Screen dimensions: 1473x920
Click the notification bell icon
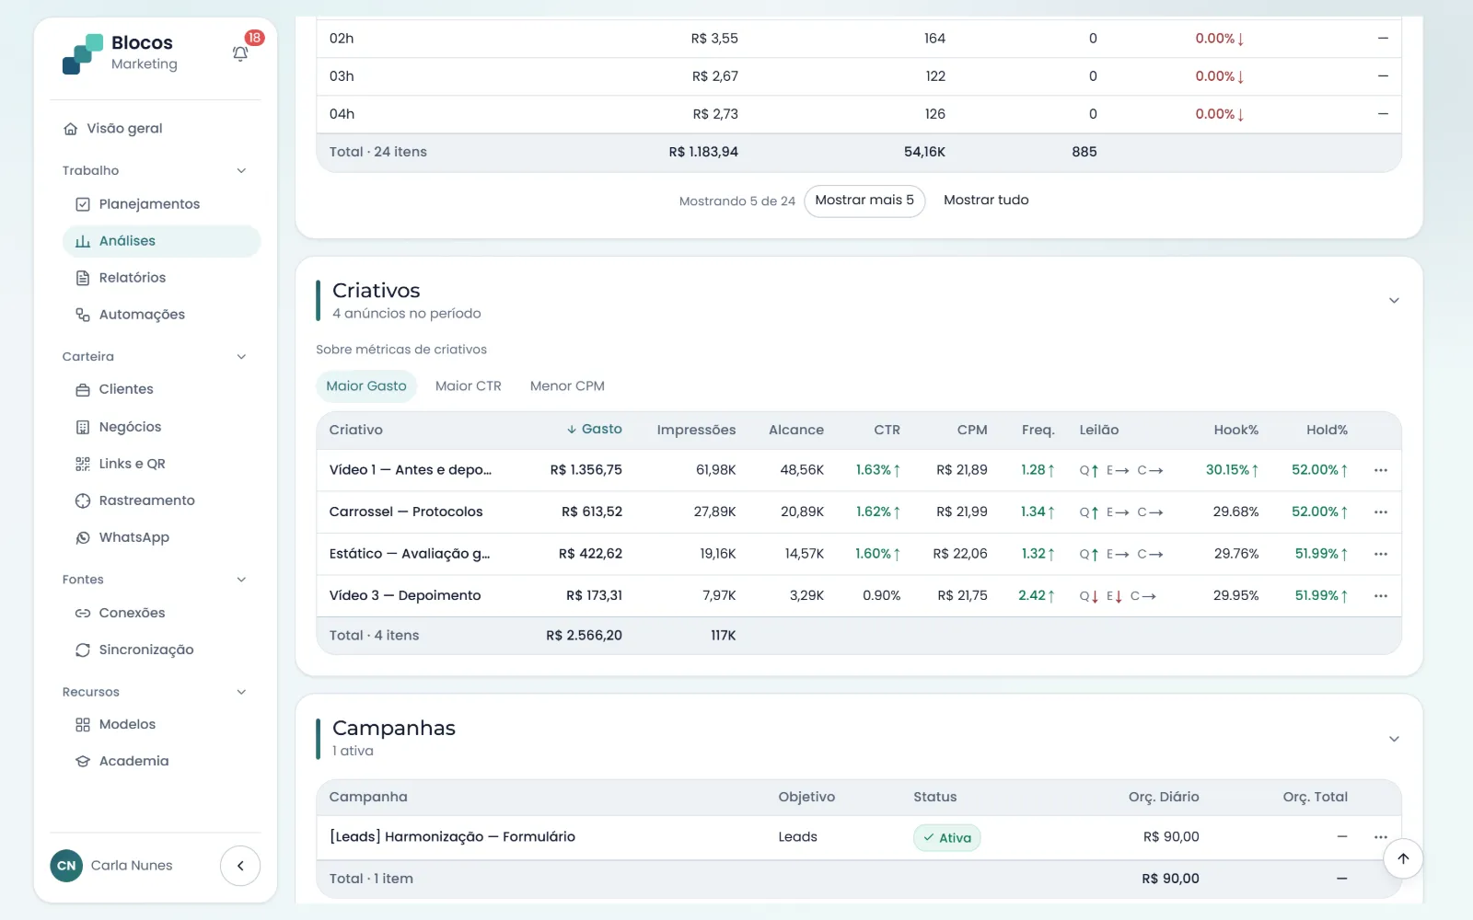tap(240, 54)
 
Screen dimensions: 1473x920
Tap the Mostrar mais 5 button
tap(864, 201)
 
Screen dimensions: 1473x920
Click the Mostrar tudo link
tap(986, 200)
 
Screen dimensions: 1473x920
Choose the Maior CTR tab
tap(468, 385)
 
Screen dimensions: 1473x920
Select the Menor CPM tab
tap(567, 385)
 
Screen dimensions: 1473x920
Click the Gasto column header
tap(595, 429)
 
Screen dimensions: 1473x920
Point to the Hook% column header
tap(1235, 430)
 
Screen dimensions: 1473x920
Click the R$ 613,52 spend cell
tap(591, 512)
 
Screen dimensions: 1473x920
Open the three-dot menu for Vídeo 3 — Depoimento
tap(1380, 595)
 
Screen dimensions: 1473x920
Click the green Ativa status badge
tap(946, 837)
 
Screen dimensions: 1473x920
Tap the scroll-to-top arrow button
tap(1403, 858)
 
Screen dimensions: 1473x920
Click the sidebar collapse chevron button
tap(240, 866)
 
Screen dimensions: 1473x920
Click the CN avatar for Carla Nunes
tap(66, 866)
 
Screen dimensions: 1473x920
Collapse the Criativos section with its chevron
tap(1394, 301)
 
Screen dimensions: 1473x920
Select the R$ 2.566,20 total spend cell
tap(584, 636)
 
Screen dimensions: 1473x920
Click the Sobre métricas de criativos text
tap(401, 350)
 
